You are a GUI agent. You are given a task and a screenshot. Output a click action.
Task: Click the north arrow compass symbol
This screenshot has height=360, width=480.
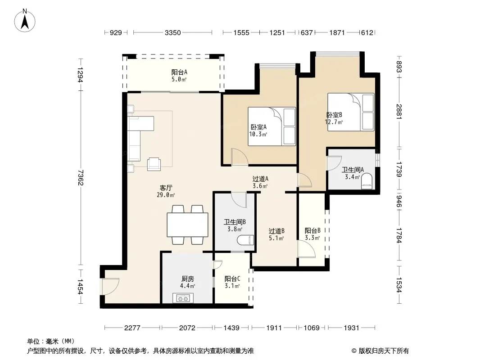coord(25,21)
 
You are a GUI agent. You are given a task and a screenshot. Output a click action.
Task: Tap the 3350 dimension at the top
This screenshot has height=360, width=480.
coord(172,32)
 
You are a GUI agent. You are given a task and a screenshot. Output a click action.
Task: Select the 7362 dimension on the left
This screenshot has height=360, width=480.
coord(81,177)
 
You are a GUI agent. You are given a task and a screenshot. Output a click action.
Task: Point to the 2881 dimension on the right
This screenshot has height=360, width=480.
coord(399,112)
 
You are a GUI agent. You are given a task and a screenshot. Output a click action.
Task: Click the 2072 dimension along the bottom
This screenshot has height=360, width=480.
coord(187,328)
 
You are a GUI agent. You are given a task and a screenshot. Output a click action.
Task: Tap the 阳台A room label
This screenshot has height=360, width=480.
coord(179,72)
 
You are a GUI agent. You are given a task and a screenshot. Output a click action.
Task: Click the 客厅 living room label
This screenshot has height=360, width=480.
coord(166,188)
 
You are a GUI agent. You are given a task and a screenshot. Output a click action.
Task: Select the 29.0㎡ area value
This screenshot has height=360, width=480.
coord(166,195)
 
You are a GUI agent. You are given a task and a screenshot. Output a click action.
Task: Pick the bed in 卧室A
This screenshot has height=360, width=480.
coord(272,126)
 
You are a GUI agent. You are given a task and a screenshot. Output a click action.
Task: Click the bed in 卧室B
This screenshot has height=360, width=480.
coord(351,112)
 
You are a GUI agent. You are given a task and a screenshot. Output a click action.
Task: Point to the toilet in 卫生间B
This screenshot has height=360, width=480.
coord(245,240)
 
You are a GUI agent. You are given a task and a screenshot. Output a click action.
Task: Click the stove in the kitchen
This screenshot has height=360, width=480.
coord(183,298)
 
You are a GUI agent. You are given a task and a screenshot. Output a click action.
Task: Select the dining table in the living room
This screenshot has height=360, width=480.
coord(188,225)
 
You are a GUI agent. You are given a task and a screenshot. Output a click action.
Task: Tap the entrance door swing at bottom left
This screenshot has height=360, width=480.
coord(110,286)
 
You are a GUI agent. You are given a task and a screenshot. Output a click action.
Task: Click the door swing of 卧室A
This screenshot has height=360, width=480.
coord(240,157)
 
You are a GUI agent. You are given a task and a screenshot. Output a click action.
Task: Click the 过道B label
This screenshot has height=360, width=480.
coord(276,231)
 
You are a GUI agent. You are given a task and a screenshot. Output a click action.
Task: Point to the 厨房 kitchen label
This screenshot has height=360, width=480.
coord(188,279)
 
